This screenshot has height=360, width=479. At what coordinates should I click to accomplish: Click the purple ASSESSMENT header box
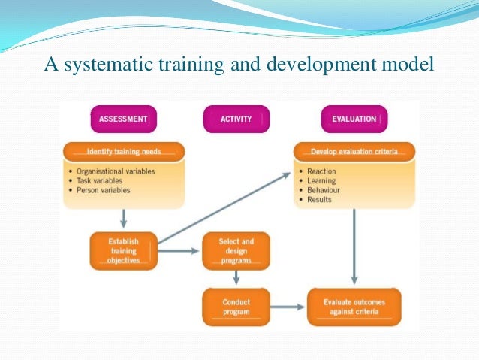point(124,118)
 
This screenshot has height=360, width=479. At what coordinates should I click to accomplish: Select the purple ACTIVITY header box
point(236,118)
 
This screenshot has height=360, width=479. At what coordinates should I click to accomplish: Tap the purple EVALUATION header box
point(354,118)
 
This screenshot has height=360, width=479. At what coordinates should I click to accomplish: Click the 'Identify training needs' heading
point(123,151)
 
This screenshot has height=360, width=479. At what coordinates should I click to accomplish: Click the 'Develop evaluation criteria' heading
point(353,151)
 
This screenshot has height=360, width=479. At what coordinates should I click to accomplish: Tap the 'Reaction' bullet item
point(321,171)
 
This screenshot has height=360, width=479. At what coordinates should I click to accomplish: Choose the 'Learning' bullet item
point(321,181)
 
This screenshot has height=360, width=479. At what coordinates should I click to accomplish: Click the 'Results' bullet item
point(319,201)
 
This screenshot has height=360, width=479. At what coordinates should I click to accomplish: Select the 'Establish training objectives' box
point(123,251)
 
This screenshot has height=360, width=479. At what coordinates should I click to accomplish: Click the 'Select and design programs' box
point(236,251)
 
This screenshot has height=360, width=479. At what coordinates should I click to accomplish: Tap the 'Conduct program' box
point(236,307)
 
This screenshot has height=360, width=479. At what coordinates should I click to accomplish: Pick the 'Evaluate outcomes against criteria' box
point(353,307)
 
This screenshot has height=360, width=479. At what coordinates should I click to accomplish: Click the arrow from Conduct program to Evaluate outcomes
point(288,307)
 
